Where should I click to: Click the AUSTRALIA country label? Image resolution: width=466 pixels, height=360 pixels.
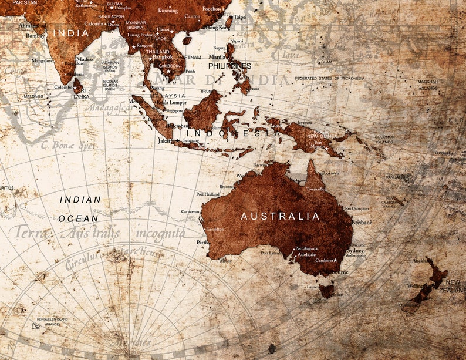(x=281, y=216)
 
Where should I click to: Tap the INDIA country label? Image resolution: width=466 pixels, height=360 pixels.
(x=71, y=33)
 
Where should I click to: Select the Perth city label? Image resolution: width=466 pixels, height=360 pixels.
(x=202, y=242)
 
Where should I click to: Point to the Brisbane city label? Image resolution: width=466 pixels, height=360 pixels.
(x=362, y=223)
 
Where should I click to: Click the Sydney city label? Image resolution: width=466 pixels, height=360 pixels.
(x=355, y=250)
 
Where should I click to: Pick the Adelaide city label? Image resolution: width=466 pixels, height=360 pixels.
(x=306, y=255)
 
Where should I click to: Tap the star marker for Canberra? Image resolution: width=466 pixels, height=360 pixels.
(x=335, y=260)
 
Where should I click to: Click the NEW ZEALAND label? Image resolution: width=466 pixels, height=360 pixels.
(x=453, y=286)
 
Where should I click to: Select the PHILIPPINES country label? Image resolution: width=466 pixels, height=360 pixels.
(x=229, y=66)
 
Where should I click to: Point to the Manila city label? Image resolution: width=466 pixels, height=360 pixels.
(x=217, y=57)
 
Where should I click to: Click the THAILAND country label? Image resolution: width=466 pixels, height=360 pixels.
(x=157, y=52)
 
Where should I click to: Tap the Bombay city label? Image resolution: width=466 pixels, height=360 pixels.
(x=35, y=36)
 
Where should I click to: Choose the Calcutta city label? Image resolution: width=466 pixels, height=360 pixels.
(x=94, y=23)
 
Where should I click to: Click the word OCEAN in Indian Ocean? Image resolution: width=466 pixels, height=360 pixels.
(x=78, y=218)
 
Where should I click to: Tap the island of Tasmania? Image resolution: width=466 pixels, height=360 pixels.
(x=326, y=291)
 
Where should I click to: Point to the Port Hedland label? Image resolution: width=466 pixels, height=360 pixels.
(x=207, y=194)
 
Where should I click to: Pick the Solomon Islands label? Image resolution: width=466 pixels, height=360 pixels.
(x=384, y=139)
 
